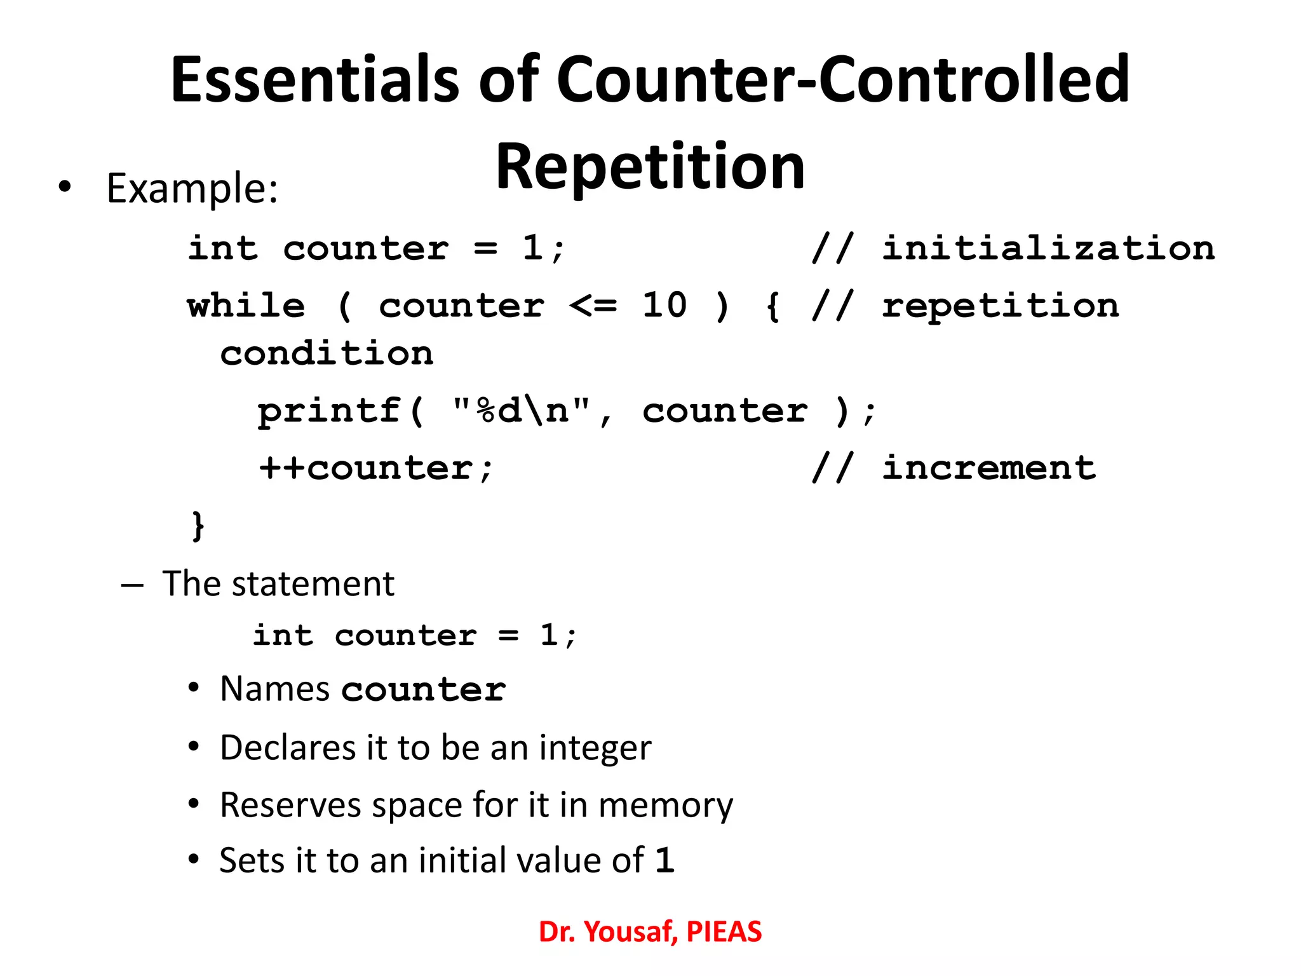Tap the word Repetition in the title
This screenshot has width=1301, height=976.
(x=650, y=166)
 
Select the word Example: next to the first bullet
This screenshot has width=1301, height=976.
(x=192, y=189)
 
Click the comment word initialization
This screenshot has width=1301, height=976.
(x=1048, y=248)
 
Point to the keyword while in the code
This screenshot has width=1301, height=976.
(x=246, y=306)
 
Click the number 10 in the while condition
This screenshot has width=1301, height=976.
(x=664, y=306)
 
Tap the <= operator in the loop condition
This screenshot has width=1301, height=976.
(x=593, y=306)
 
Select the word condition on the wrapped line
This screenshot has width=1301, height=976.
(x=327, y=353)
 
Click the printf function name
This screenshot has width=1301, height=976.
(x=329, y=411)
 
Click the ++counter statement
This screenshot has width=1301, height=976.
(x=376, y=469)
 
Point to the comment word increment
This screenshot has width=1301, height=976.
(x=988, y=468)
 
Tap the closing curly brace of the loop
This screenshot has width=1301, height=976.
(x=198, y=525)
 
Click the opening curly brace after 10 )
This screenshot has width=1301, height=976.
(x=772, y=307)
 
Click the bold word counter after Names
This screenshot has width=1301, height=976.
(x=423, y=689)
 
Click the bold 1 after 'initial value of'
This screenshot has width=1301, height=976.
(x=664, y=860)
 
